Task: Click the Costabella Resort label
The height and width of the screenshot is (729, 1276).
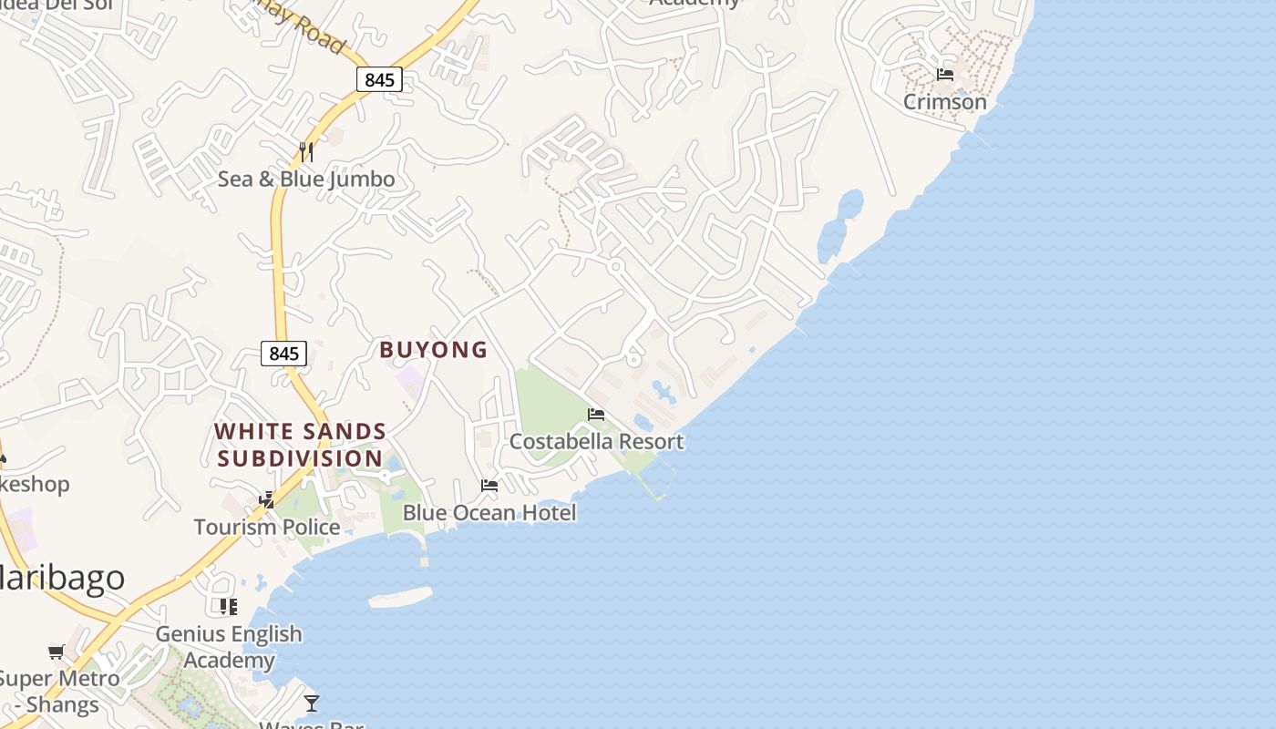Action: [596, 442]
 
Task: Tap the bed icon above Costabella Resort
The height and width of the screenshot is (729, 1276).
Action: [596, 415]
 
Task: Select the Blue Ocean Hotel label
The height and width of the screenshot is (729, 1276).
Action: [489, 513]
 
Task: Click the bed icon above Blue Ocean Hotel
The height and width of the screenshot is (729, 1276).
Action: [489, 486]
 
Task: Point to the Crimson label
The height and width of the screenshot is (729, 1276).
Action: [945, 102]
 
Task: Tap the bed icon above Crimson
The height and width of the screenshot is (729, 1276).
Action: [945, 75]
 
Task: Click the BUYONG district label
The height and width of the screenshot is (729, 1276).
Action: [434, 350]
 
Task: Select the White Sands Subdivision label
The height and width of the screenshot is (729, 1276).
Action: [301, 445]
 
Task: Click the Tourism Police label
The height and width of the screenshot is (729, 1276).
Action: [267, 527]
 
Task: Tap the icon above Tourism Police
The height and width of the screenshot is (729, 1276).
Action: [267, 499]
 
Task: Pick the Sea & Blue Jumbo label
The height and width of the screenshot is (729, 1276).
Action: [306, 180]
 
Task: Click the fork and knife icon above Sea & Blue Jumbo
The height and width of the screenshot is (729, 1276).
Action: [306, 151]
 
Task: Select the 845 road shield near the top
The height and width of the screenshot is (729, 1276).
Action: [379, 80]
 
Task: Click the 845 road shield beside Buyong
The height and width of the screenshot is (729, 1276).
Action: [283, 354]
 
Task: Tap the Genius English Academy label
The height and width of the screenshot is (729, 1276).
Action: [229, 646]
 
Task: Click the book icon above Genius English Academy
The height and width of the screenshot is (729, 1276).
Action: [229, 606]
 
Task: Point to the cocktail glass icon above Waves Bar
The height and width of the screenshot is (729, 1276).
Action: [312, 703]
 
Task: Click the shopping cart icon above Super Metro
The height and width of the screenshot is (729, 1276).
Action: [57, 652]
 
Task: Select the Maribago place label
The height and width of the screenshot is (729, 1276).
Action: [60, 579]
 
